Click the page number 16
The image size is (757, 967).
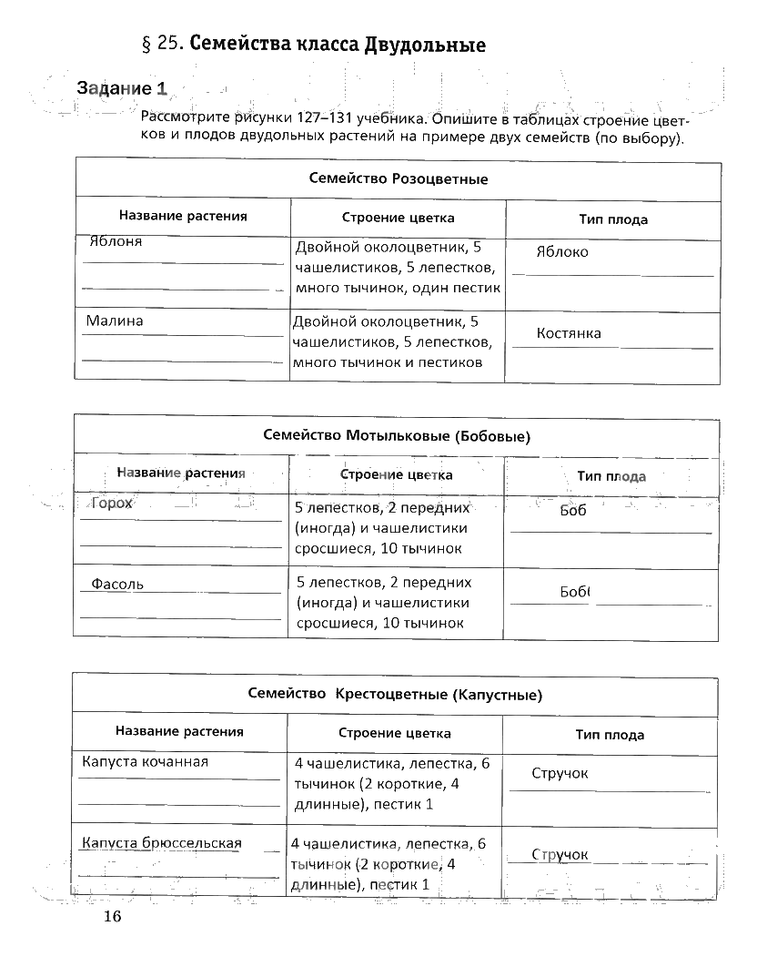pos(111,916)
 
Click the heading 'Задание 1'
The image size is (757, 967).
pos(122,88)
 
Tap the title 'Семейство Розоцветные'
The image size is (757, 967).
pos(399,179)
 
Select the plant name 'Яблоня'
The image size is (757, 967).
pos(116,242)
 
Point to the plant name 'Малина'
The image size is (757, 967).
pos(115,321)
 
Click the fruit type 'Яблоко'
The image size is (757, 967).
pos(562,252)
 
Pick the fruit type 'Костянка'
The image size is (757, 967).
pos(569,333)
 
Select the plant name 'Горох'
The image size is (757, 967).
pos(112,504)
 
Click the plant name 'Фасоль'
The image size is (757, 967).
pos(117,584)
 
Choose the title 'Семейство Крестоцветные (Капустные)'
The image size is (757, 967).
pos(395,695)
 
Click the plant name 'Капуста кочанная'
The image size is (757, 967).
pos(146,761)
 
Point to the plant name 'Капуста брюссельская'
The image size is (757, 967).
pos(162,843)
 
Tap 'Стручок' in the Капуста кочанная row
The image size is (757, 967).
pos(560,773)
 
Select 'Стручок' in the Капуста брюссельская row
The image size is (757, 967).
pos(560,855)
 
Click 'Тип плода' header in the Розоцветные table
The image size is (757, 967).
pos(613,219)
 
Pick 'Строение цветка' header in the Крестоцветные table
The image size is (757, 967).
pos(395,733)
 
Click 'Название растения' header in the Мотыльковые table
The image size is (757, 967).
pos(181,473)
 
